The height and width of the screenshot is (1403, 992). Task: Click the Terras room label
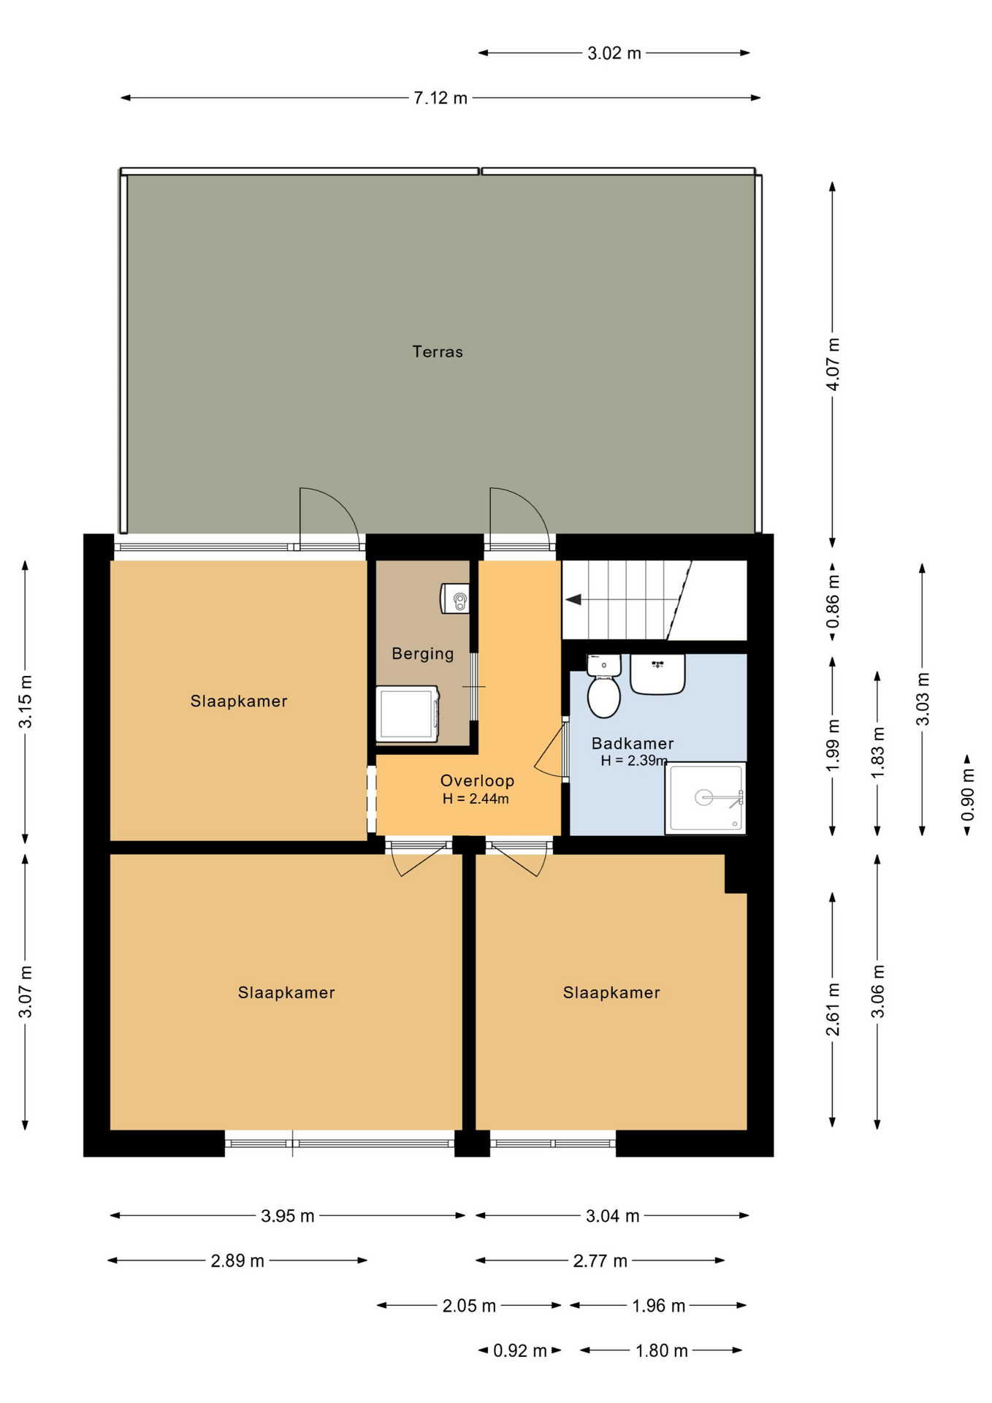(x=438, y=351)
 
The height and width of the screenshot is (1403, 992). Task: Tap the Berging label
(x=423, y=653)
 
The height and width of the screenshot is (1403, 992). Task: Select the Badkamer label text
(x=633, y=743)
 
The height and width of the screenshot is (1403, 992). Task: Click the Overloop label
(x=477, y=780)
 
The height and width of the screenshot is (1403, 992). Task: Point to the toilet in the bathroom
(x=604, y=686)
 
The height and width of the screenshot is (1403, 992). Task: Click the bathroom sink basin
(x=657, y=674)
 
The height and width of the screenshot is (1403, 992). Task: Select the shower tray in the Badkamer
(x=706, y=798)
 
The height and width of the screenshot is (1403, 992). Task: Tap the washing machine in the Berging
(x=408, y=713)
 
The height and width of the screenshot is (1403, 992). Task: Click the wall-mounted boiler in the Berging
(x=454, y=598)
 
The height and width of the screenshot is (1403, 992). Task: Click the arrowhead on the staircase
(x=573, y=600)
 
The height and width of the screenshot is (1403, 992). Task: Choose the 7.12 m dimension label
(x=440, y=98)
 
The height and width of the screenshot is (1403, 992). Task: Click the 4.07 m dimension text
(x=833, y=364)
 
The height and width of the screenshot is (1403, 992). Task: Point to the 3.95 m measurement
(x=288, y=1216)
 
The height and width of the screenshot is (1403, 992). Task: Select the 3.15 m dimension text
(x=26, y=701)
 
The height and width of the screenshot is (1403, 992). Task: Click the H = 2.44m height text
(x=476, y=799)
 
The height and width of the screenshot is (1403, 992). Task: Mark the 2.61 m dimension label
(x=833, y=1010)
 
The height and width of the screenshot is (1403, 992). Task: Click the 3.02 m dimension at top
(x=614, y=53)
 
